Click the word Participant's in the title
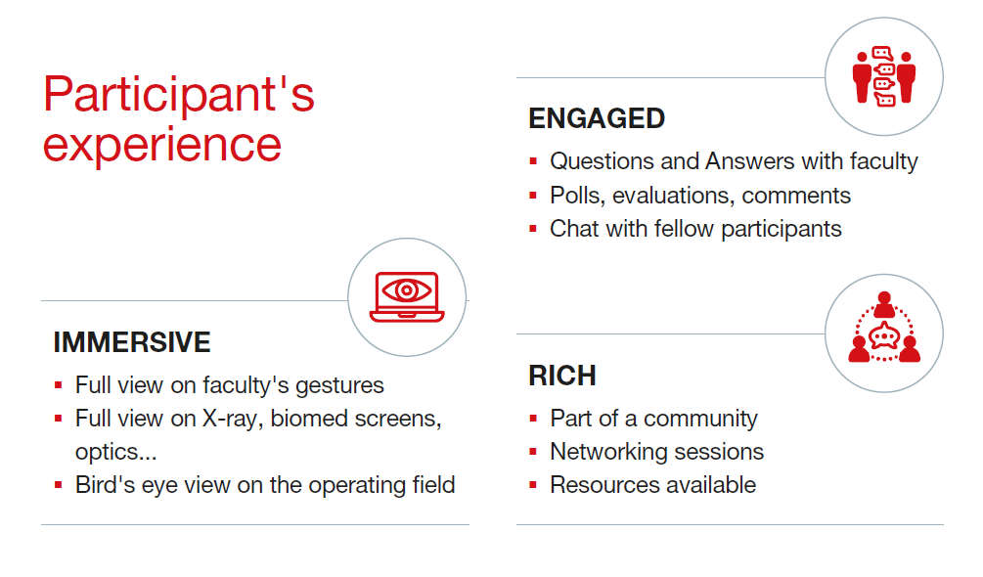pos(179,95)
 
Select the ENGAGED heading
pos(597,118)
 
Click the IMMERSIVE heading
pos(132,342)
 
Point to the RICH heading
pos(561,376)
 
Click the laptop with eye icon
pos(407,296)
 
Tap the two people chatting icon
pos(884,76)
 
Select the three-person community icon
pos(884,327)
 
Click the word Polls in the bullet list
pos(577,197)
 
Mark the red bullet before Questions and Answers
pos(533,161)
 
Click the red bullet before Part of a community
pos(533,419)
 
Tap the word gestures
pos(339,386)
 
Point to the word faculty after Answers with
pos(883,161)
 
